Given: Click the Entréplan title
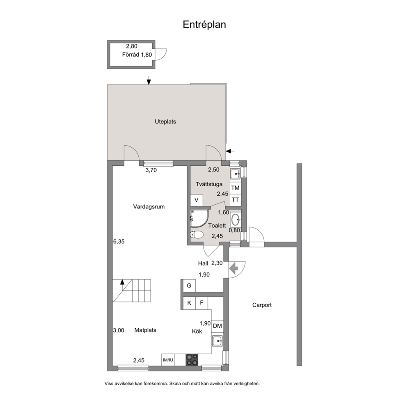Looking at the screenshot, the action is [x=204, y=24].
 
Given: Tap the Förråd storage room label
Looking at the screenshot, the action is [x=130, y=55].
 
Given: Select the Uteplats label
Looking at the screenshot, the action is [x=165, y=121].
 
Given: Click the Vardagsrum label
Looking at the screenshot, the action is [x=149, y=207].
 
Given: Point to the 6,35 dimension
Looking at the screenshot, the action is [x=119, y=241].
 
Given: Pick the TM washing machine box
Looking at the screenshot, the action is [x=235, y=187].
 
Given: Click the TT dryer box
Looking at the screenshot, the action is [x=235, y=200].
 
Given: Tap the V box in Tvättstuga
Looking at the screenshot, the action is [x=197, y=200].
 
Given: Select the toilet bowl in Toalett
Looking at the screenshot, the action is [x=197, y=235].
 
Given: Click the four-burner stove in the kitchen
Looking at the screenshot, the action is [x=192, y=360].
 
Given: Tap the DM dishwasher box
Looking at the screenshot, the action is [x=217, y=326].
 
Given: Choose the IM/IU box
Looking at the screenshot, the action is [x=168, y=360].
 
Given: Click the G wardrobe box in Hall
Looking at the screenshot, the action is [x=189, y=286].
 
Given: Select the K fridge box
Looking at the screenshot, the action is [x=189, y=303].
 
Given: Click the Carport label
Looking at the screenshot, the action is [x=262, y=305].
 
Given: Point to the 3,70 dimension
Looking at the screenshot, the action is [x=151, y=170].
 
